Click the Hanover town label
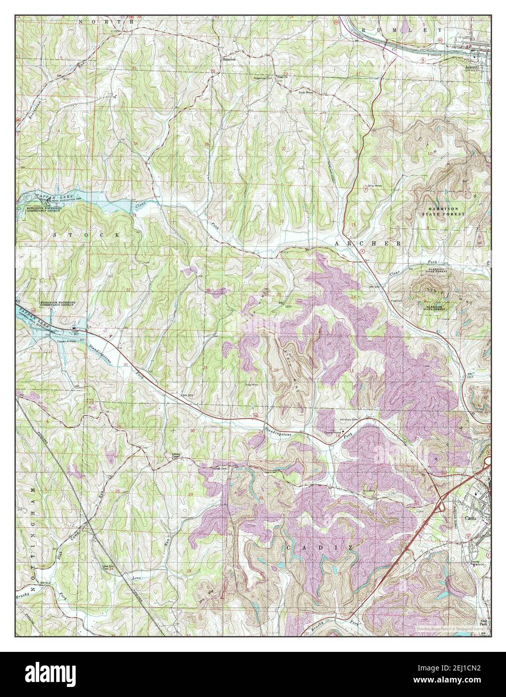(229, 58)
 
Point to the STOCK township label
(87, 234)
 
